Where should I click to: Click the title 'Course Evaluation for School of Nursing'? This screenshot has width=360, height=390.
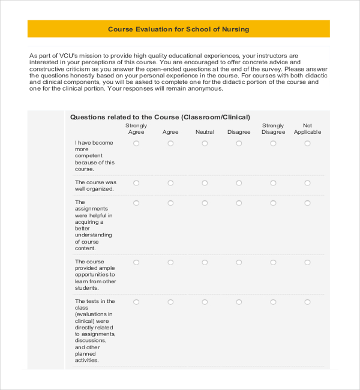[x=178, y=29]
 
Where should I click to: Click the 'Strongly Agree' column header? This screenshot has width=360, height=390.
[x=136, y=129]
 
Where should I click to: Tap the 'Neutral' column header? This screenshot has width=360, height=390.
[x=205, y=132]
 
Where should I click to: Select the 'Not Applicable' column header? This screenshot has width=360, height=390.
[x=307, y=129]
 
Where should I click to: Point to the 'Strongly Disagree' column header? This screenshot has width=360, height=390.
[x=273, y=129]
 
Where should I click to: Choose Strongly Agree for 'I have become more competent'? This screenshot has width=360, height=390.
[x=136, y=143]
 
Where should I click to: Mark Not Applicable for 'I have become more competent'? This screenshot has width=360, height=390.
[x=307, y=143]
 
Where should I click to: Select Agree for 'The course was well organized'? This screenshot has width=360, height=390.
[x=170, y=183]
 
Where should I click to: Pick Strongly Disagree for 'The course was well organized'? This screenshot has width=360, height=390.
[x=273, y=183]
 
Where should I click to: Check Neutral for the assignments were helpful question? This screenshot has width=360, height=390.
[x=205, y=203]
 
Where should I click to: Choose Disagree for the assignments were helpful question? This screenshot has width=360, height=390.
[x=239, y=203]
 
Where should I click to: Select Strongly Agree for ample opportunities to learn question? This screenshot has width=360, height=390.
[x=136, y=262]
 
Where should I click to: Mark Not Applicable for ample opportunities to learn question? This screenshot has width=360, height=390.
[x=307, y=262]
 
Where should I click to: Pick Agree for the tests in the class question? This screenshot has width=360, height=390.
[x=170, y=302]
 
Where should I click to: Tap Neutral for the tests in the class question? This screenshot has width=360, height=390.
[x=205, y=302]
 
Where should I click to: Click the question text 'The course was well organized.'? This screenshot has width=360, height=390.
[x=95, y=185]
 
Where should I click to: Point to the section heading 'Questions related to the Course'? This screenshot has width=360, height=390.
[x=160, y=117]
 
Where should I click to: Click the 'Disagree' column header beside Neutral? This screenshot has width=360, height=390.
[x=239, y=132]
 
